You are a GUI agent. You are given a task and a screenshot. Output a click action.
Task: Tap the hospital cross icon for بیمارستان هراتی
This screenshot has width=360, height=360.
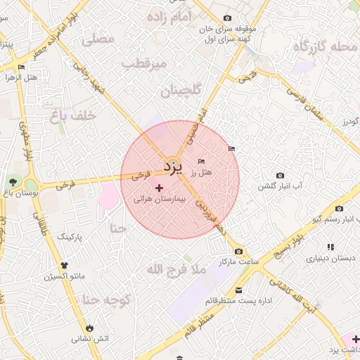[159, 188]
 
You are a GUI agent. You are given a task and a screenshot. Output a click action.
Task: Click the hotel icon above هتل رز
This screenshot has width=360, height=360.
[202, 162]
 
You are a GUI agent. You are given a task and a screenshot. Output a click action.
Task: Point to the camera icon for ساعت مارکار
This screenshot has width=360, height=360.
[239, 251]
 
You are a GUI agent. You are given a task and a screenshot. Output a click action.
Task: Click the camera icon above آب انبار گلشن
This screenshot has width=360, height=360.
[280, 175]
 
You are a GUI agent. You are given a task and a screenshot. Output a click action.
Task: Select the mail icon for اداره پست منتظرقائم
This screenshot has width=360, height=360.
[239, 290]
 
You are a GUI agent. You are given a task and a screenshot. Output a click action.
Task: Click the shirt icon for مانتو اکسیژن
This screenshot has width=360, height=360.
[65, 265]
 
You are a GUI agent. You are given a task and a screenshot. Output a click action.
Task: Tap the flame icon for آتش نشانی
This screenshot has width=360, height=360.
[89, 328]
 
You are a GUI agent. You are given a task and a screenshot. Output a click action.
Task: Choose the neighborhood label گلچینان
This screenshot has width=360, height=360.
[181, 91]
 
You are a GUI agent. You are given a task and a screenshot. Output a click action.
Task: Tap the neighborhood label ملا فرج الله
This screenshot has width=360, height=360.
[176, 269]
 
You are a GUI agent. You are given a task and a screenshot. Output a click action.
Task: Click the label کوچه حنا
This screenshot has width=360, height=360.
[107, 300]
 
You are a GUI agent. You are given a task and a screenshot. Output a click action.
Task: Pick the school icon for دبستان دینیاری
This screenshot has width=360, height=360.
[330, 247]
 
